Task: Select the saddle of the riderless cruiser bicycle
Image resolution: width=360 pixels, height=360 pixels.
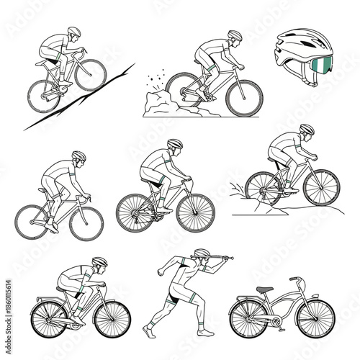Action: click(265, 289)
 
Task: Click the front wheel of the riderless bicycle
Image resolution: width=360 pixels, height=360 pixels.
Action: click(316, 318)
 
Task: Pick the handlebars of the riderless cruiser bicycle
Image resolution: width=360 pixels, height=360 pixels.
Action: click(295, 279)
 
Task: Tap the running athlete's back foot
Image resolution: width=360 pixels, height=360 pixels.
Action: click(148, 331)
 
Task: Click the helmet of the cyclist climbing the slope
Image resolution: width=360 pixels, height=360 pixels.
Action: click(74, 32)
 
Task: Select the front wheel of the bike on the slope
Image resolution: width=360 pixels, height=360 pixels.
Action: click(91, 75)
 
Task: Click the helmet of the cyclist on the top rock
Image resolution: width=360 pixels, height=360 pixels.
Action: click(235, 35)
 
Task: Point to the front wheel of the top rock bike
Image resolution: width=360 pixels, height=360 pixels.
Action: click(244, 97)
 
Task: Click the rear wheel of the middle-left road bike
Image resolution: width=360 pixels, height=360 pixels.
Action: click(31, 222)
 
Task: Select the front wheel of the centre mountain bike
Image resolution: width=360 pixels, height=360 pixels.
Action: click(195, 212)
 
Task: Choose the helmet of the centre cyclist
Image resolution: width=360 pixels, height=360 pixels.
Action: click(174, 144)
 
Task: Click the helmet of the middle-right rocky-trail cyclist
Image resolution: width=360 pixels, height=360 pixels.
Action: click(307, 130)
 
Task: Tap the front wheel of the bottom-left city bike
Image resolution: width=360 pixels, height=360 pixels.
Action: click(112, 318)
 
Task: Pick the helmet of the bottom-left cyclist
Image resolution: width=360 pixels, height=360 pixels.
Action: click(99, 261)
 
